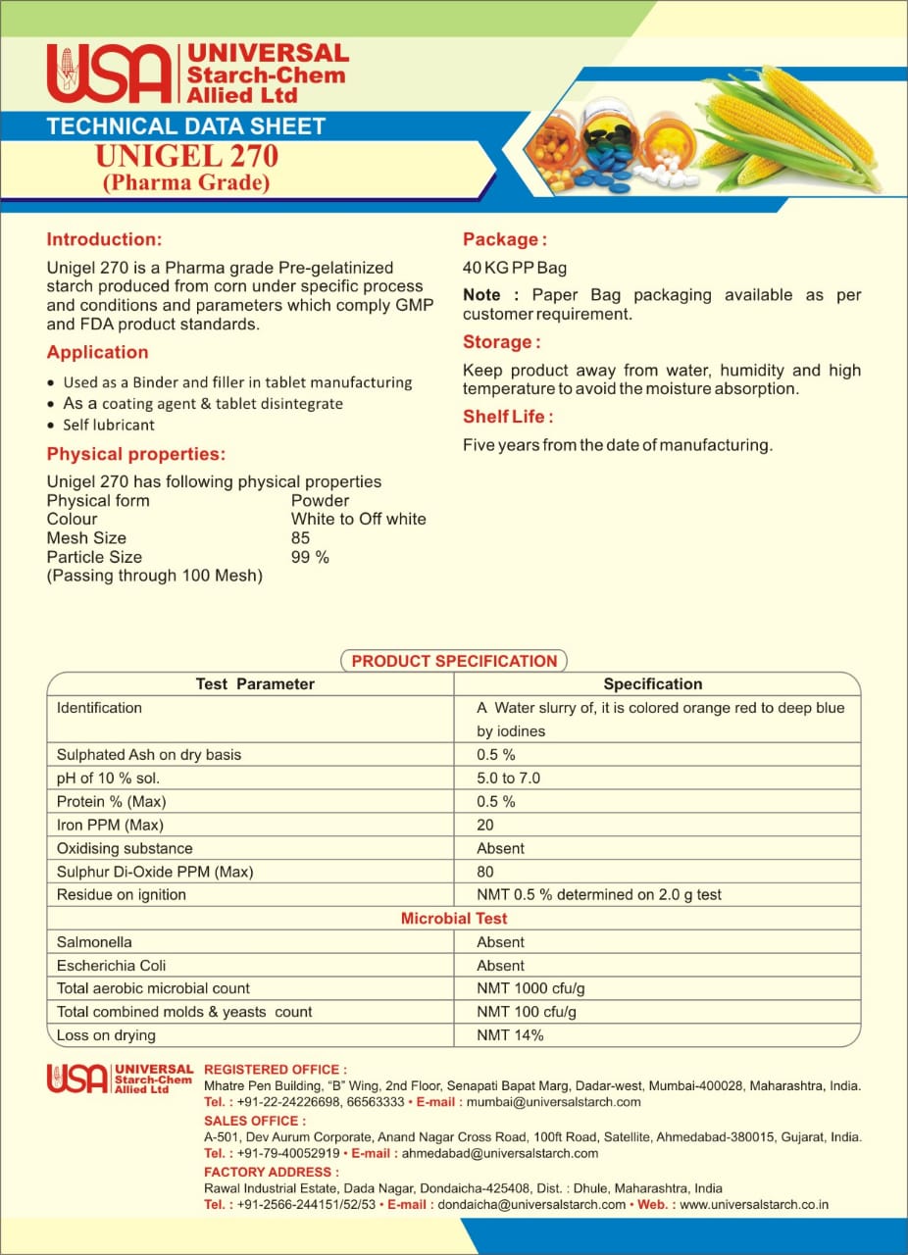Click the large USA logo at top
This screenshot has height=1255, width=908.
pos(108,74)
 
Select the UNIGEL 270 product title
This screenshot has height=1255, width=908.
pos(186,156)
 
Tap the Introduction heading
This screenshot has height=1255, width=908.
pos(104,239)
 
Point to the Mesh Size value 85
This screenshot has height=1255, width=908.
pos(300,537)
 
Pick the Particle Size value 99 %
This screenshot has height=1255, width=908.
pos(310,557)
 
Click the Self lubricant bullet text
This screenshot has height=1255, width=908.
pos(109,425)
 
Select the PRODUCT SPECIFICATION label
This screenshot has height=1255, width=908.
pos(454,661)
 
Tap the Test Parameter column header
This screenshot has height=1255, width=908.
pos(255,684)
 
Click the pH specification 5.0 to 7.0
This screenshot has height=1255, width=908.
pos(508,778)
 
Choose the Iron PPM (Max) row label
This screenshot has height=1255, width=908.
pos(110,825)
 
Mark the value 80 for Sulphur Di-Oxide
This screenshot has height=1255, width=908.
pos(485,872)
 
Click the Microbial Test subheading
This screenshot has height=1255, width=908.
pos(454,919)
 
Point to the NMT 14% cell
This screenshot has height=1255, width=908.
pos(510,1035)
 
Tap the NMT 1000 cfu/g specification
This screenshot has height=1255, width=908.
pos(530,988)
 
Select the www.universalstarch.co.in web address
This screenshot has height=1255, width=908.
pos(754,1204)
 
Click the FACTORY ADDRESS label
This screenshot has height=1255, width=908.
pos(272,1172)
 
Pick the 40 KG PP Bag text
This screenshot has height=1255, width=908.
pos(514,268)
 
